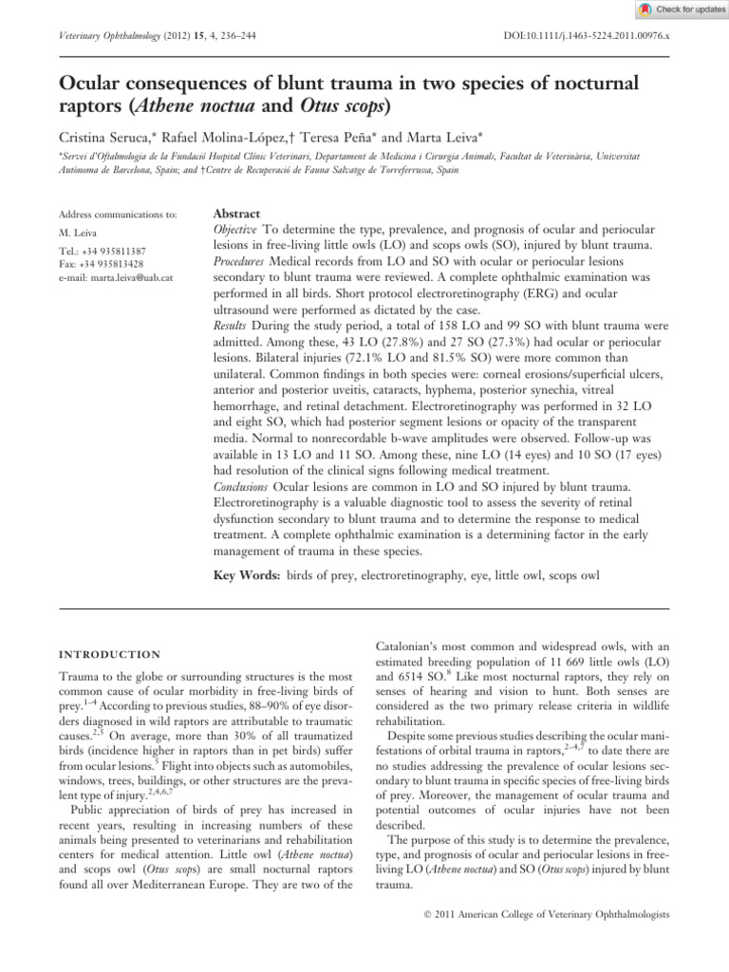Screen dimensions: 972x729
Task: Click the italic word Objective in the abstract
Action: tap(232, 231)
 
